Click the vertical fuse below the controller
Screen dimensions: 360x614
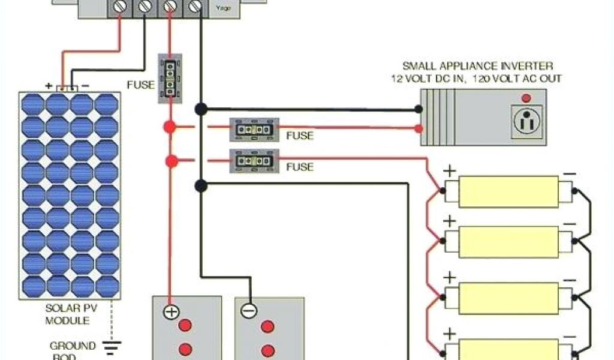[170, 79]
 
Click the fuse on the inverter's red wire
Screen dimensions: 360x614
[254, 130]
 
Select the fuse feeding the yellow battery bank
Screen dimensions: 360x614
[254, 161]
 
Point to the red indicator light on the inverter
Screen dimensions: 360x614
[526, 97]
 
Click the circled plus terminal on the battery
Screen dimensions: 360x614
[171, 311]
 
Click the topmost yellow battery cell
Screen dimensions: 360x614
[508, 191]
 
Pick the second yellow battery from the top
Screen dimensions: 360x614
[508, 242]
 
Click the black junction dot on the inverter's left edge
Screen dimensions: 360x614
[419, 109]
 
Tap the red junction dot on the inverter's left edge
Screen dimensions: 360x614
[419, 128]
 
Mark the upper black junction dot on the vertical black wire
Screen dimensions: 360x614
[201, 109]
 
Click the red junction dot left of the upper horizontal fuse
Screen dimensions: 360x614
[170, 127]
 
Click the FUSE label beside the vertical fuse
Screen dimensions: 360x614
[140, 85]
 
